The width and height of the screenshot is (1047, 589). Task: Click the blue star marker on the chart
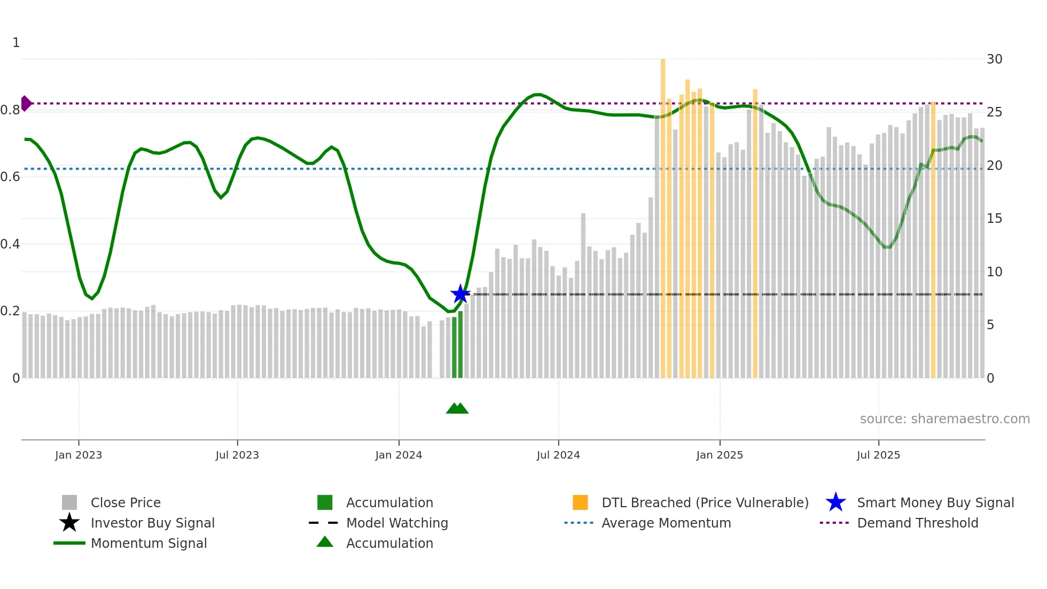coord(460,293)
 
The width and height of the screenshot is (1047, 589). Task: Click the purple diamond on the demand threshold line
coord(26,103)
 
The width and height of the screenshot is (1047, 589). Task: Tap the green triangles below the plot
coord(457,408)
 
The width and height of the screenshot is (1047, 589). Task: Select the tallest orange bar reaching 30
coord(663,214)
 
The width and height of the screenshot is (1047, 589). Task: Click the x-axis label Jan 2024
coord(399,455)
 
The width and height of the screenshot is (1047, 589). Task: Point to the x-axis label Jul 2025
coord(878,455)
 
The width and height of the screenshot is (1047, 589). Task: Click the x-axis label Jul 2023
coord(237,455)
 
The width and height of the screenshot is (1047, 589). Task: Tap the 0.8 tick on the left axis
coord(10,110)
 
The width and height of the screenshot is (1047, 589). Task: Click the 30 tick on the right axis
coord(994,59)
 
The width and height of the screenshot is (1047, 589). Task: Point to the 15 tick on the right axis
coord(994,219)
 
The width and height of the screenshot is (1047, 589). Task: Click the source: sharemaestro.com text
coord(944,419)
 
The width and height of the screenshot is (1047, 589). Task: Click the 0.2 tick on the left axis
coord(10,311)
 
